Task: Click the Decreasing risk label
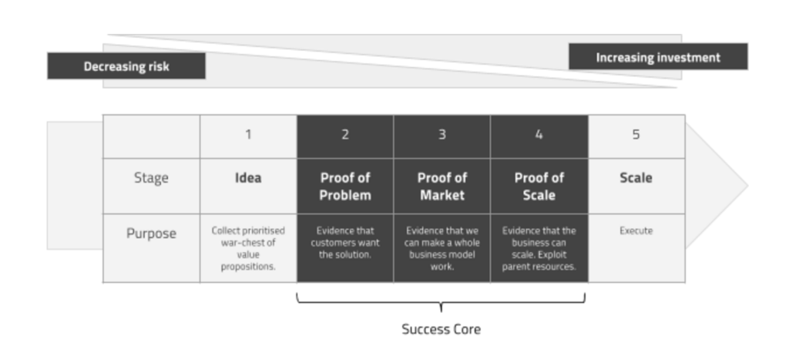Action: click(x=126, y=66)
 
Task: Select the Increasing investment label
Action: click(x=658, y=57)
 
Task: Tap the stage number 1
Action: click(x=248, y=135)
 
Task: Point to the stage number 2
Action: click(x=345, y=135)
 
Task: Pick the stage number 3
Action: click(x=442, y=135)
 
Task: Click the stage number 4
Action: click(x=539, y=135)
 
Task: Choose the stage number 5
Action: click(x=636, y=135)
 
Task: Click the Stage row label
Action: click(x=151, y=178)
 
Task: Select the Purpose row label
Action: click(x=151, y=234)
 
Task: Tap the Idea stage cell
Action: click(x=248, y=178)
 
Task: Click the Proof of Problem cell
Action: click(x=345, y=187)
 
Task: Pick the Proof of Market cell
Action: click(x=442, y=187)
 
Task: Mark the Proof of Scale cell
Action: click(x=539, y=187)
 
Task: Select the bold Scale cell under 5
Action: click(x=636, y=178)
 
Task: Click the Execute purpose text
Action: click(x=636, y=230)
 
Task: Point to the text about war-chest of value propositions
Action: click(x=248, y=248)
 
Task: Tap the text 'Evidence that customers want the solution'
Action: click(x=345, y=242)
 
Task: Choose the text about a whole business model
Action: click(x=442, y=248)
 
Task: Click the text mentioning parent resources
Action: click(x=539, y=248)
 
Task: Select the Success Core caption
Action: click(x=441, y=329)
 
